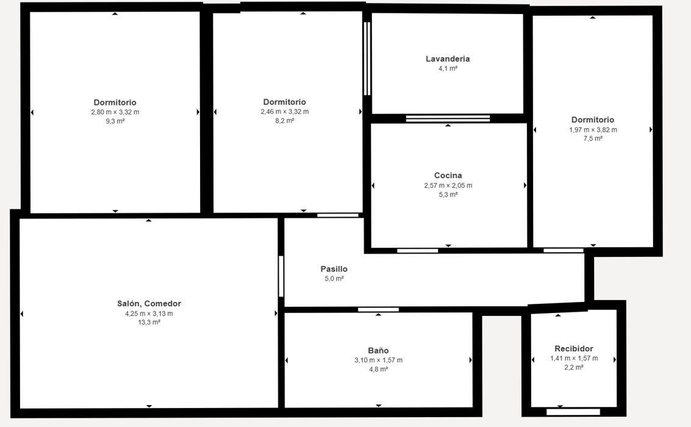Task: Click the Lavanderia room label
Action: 448,59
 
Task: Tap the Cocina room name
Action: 448,176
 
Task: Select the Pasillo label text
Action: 334,269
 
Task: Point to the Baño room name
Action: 378,351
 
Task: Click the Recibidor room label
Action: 573,349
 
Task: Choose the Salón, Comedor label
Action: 149,304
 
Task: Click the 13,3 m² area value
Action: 149,323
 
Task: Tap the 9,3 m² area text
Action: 115,121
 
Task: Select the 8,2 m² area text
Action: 284,121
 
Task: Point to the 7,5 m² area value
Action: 593,138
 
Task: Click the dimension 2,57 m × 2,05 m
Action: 448,185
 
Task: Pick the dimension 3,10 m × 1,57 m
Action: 378,360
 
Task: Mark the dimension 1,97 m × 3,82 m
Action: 593,129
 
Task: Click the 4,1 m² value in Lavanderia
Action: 448,69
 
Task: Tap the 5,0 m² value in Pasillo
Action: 334,279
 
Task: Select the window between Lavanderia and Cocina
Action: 448,118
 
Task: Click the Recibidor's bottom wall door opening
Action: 573,412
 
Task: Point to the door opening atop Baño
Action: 378,310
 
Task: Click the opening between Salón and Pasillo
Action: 281,276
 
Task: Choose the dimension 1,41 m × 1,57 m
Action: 573,358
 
